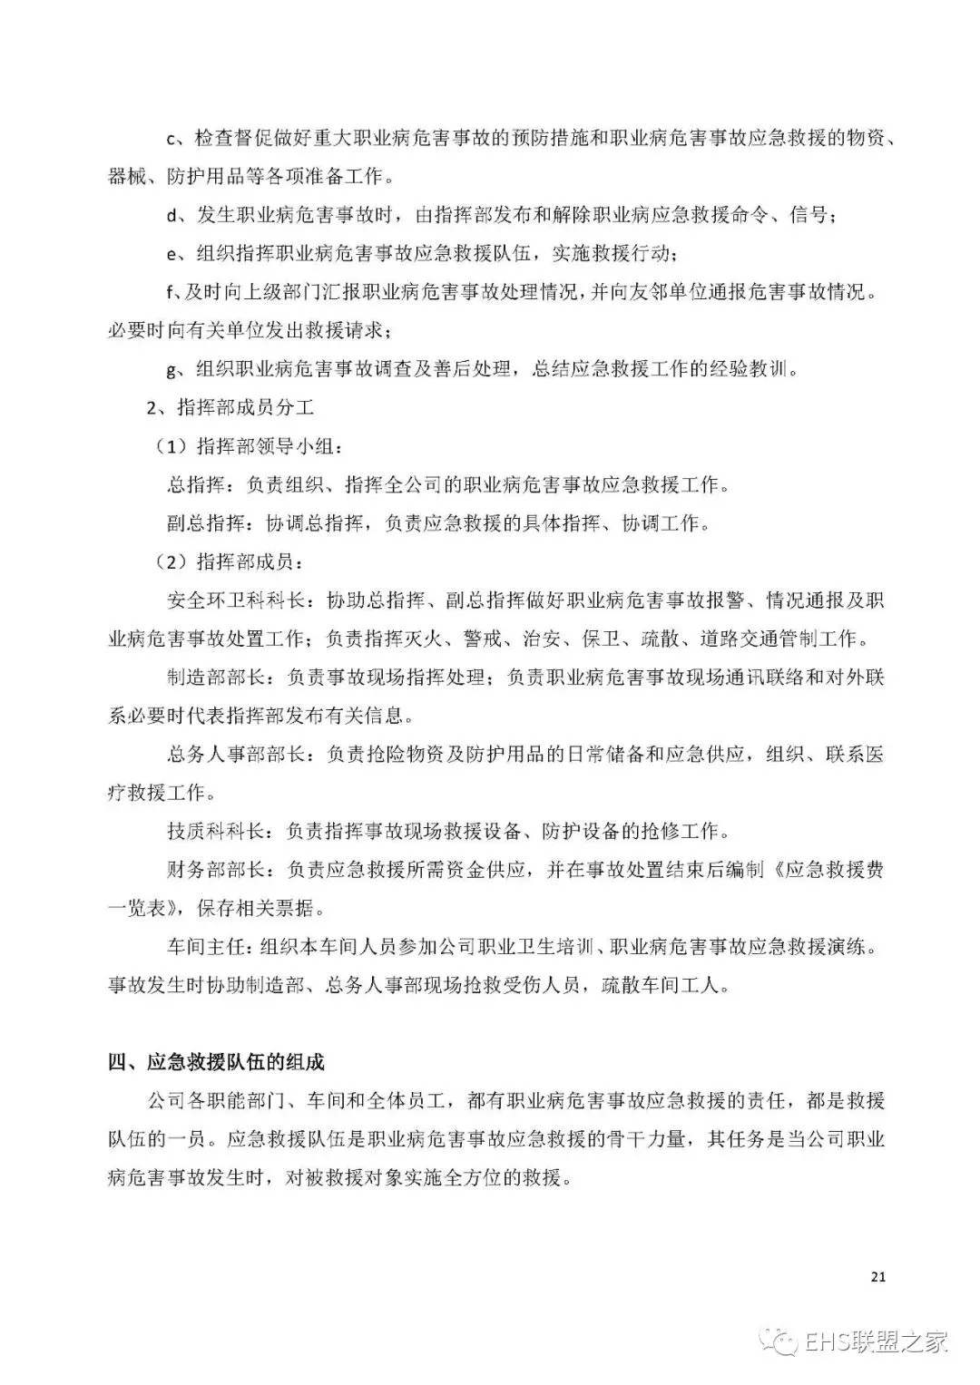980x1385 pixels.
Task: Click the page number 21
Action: [x=877, y=1277]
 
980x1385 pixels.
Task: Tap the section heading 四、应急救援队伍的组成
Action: [x=216, y=1062]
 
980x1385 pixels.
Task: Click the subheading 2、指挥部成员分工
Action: [x=230, y=407]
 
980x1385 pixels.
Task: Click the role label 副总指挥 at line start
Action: [x=204, y=523]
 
